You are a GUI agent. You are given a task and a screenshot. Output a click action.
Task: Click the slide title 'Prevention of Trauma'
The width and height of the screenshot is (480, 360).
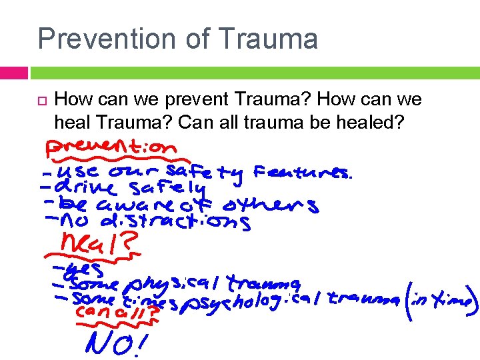[177, 38]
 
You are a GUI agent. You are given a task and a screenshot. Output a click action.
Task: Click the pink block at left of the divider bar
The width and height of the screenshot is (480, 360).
[14, 72]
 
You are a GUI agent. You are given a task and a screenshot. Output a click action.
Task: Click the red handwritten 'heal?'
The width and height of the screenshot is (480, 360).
[100, 245]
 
